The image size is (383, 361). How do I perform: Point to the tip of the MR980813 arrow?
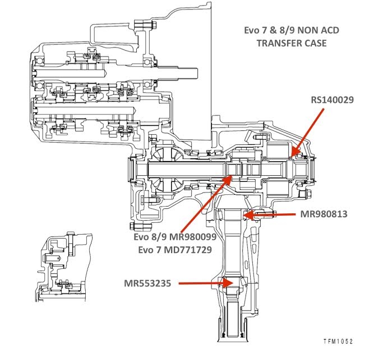(x=245, y=214)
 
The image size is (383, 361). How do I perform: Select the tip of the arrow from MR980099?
(x=232, y=176)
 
